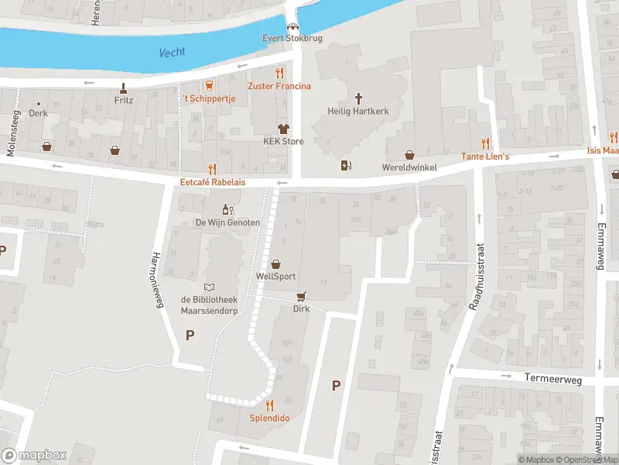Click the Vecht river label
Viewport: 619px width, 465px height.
(173, 53)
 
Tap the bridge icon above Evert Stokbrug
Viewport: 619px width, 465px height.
(292, 26)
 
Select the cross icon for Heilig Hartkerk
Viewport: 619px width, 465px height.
(358, 98)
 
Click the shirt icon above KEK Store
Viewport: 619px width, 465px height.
(283, 129)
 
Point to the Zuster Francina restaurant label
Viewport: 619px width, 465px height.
(279, 86)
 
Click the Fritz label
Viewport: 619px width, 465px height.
(124, 100)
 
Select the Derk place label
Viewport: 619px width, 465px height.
(38, 113)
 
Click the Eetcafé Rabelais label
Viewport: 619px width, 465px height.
(212, 183)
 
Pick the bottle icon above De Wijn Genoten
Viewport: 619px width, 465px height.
(227, 209)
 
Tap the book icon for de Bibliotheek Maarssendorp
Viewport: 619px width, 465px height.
(208, 288)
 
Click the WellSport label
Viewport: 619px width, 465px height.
(275, 276)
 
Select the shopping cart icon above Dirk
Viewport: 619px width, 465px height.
(301, 296)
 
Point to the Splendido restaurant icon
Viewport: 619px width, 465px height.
(269, 405)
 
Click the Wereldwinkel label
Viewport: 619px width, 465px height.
(409, 167)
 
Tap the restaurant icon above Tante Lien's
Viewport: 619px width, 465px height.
(485, 143)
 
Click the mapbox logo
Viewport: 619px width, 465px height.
(34, 456)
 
